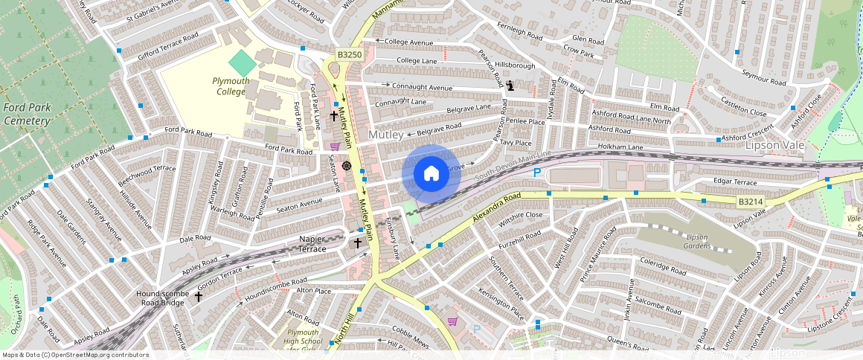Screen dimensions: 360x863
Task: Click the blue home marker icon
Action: point(431,174)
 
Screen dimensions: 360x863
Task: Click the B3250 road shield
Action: point(349,55)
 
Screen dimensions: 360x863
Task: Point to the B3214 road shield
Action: point(752,201)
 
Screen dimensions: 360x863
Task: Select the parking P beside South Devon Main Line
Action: point(537,173)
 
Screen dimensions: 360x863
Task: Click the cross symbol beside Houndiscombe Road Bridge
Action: point(199,296)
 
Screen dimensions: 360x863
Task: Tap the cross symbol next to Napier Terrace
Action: point(357,242)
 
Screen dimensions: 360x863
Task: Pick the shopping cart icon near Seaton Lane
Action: point(335,147)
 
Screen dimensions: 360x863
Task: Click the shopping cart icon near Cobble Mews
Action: point(452,321)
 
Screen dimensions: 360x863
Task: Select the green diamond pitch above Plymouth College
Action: point(242,62)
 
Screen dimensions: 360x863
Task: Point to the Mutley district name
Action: point(385,135)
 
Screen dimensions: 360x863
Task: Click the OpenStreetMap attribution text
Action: point(75,355)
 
